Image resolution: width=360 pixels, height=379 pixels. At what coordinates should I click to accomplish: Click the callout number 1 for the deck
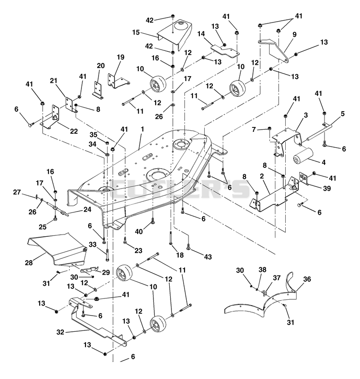coord(142,129)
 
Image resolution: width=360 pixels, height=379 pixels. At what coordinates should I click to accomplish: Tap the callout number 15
coord(136,32)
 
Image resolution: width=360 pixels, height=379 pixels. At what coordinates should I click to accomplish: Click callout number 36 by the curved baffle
coord(307,279)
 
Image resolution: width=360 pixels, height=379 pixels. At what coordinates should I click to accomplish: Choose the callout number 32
coord(60,332)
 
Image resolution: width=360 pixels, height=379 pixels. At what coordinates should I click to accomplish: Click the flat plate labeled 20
coord(98,90)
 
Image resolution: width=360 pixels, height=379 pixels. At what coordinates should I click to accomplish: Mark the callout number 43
coord(208,257)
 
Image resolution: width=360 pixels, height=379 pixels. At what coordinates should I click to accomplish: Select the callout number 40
coord(139,231)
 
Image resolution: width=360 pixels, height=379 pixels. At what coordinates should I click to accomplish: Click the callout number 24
coord(87,209)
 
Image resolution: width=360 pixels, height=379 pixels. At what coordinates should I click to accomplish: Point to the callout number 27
coord(17,192)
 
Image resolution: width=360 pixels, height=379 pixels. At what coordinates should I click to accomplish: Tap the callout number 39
coord(327,188)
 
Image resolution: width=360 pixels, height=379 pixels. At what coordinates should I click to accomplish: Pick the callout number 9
coord(294,35)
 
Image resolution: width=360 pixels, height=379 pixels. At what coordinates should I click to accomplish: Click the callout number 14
coord(201,34)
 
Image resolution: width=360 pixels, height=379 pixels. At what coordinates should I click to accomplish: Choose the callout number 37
coord(277,278)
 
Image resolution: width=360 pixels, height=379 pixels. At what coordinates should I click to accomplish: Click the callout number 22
coord(74,131)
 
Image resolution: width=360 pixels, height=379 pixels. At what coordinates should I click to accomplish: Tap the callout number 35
coord(93,135)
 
